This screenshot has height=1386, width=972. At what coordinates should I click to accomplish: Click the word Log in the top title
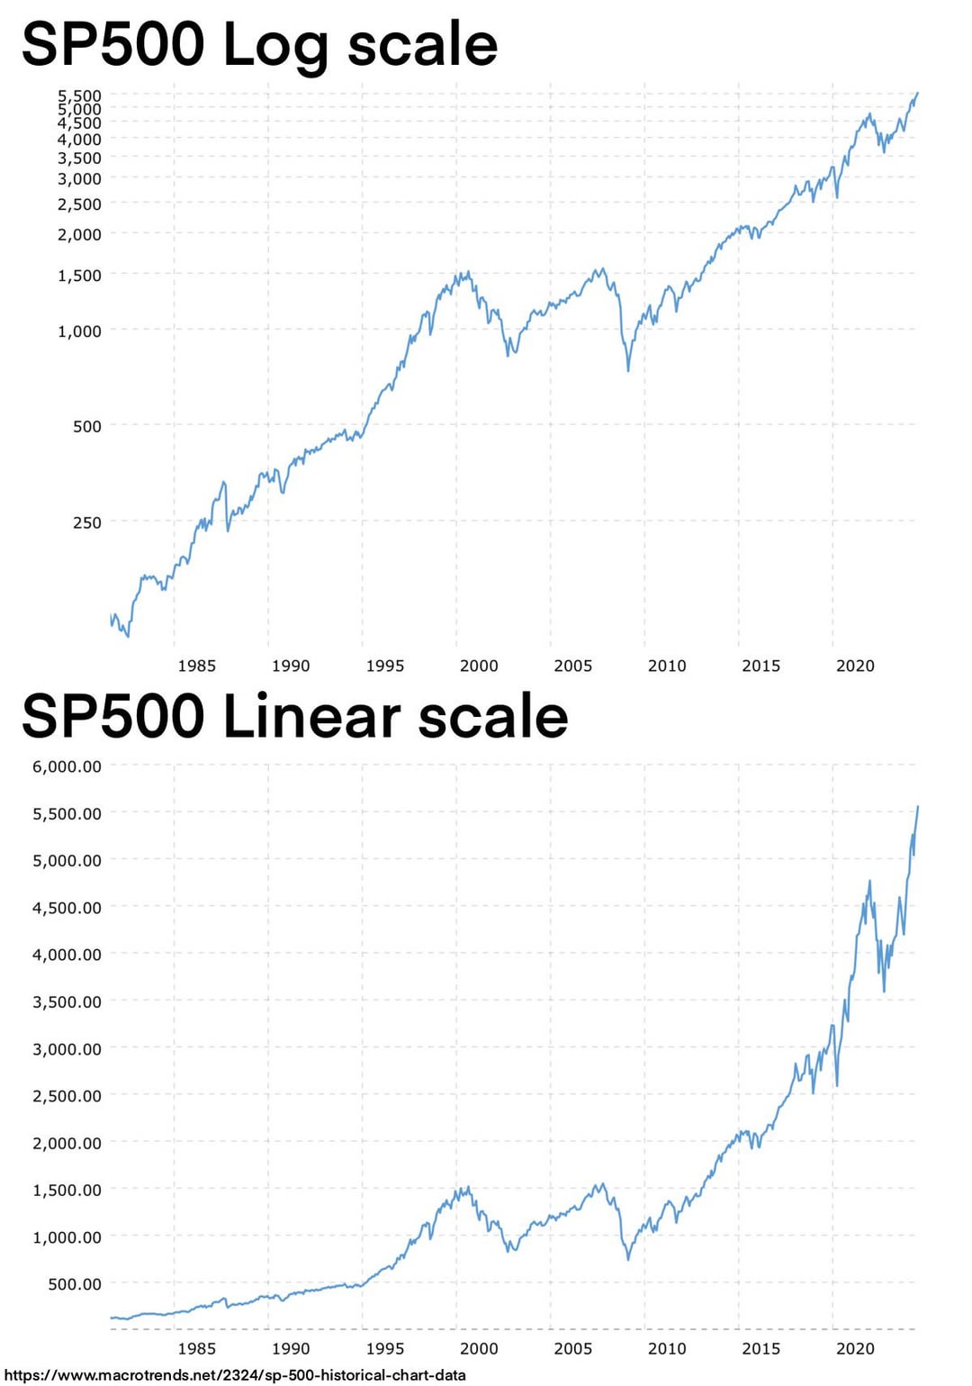pyautogui.click(x=274, y=45)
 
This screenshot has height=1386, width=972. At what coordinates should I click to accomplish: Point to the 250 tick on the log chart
pyautogui.click(x=87, y=522)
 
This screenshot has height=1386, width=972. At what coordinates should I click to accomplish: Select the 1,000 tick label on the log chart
pyautogui.click(x=79, y=331)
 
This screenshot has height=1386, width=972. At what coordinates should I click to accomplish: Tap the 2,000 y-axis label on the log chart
pyautogui.click(x=79, y=234)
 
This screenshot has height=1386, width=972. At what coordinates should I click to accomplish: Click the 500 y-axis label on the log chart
pyautogui.click(x=87, y=426)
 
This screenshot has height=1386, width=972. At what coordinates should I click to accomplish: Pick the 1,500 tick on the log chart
pyautogui.click(x=79, y=276)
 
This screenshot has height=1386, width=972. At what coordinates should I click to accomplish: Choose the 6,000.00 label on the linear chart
pyautogui.click(x=67, y=766)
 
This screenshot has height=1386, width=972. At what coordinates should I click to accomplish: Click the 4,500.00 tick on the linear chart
pyautogui.click(x=67, y=908)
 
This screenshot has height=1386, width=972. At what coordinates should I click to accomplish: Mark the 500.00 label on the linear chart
pyautogui.click(x=74, y=1284)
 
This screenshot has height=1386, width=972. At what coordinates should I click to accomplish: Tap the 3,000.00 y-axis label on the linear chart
pyautogui.click(x=67, y=1049)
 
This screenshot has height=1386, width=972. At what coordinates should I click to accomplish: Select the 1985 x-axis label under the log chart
pyautogui.click(x=196, y=666)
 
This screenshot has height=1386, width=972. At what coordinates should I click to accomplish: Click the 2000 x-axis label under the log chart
pyautogui.click(x=479, y=666)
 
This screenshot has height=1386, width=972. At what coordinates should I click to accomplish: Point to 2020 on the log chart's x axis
pyautogui.click(x=855, y=666)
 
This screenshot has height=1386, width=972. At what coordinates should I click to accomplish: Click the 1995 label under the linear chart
pyautogui.click(x=385, y=1348)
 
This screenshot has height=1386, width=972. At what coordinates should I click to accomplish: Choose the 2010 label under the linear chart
pyautogui.click(x=667, y=1348)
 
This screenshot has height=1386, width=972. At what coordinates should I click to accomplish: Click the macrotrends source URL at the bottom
pyautogui.click(x=236, y=1375)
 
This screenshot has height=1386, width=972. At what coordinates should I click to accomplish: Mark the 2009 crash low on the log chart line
pyautogui.click(x=628, y=369)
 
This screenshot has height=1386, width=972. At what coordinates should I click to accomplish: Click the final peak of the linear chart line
pyautogui.click(x=917, y=807)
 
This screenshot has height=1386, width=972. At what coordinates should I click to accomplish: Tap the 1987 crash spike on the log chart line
pyautogui.click(x=224, y=484)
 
